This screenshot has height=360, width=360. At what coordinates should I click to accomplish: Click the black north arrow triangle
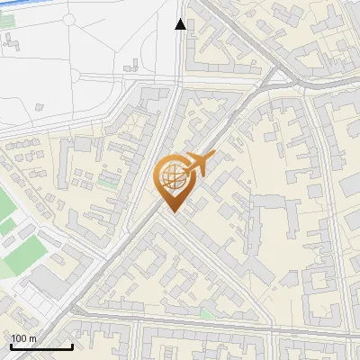pos(181,24)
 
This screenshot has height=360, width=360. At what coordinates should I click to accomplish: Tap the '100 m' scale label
pos(24,338)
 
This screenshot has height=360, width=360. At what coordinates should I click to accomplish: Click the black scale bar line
pos(41,346)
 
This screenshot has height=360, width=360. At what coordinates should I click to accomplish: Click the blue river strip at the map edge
pos(54,11)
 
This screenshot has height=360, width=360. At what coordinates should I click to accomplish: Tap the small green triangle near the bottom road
pos(208,314)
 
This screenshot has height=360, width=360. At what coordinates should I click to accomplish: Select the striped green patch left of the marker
pos(108,179)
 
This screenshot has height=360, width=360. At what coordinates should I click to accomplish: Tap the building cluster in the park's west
pos(13,41)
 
